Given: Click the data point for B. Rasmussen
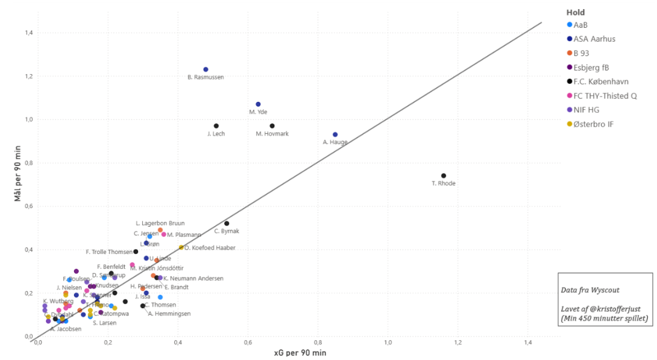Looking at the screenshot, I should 206,69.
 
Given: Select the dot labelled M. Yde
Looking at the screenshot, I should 258,104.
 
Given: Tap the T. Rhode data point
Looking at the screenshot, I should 444,176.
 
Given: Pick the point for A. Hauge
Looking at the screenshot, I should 335,134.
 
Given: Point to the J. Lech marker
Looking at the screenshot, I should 216,126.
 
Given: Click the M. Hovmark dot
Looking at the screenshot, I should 272,126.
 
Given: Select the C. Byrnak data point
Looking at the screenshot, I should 227,224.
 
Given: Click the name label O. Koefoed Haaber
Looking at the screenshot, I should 210,248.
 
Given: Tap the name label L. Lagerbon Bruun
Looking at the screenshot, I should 160,224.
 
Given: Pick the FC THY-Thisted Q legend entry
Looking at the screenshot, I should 605,95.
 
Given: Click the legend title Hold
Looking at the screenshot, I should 575,12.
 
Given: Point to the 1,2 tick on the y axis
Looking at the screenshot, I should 27,76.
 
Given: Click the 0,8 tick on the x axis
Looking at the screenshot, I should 318,343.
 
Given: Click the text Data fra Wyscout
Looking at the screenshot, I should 587,291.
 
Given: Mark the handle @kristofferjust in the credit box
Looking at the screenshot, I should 615,309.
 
